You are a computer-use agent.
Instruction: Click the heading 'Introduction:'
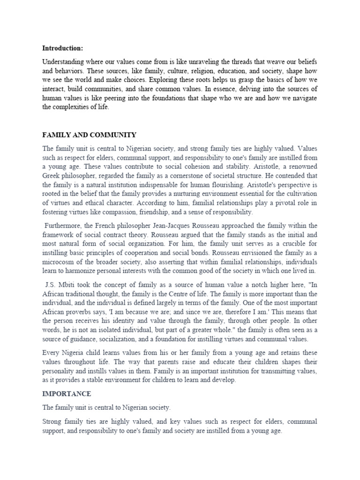coord(62,48)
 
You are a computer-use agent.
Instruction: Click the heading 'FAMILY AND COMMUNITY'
coord(89,135)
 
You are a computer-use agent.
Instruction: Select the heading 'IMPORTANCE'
coord(67,393)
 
